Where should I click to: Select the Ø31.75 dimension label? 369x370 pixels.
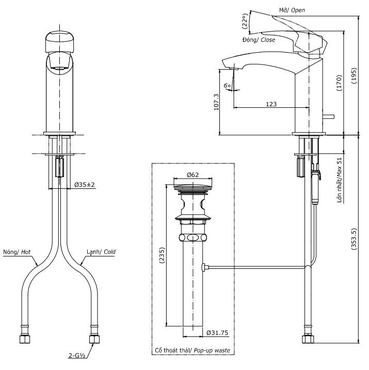[217, 333]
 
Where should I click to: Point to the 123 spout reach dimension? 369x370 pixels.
[271, 104]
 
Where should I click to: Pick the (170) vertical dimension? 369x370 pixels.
[339, 83]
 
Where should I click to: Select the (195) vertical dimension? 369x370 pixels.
[354, 76]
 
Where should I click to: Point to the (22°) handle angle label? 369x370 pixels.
[245, 21]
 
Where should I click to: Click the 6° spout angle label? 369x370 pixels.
[228, 86]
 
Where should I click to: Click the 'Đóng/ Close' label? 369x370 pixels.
[259, 40]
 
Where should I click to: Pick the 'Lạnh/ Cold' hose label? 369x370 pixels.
[101, 252]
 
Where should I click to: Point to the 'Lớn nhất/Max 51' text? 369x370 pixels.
[339, 181]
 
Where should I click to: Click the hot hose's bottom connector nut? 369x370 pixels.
[24, 340]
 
